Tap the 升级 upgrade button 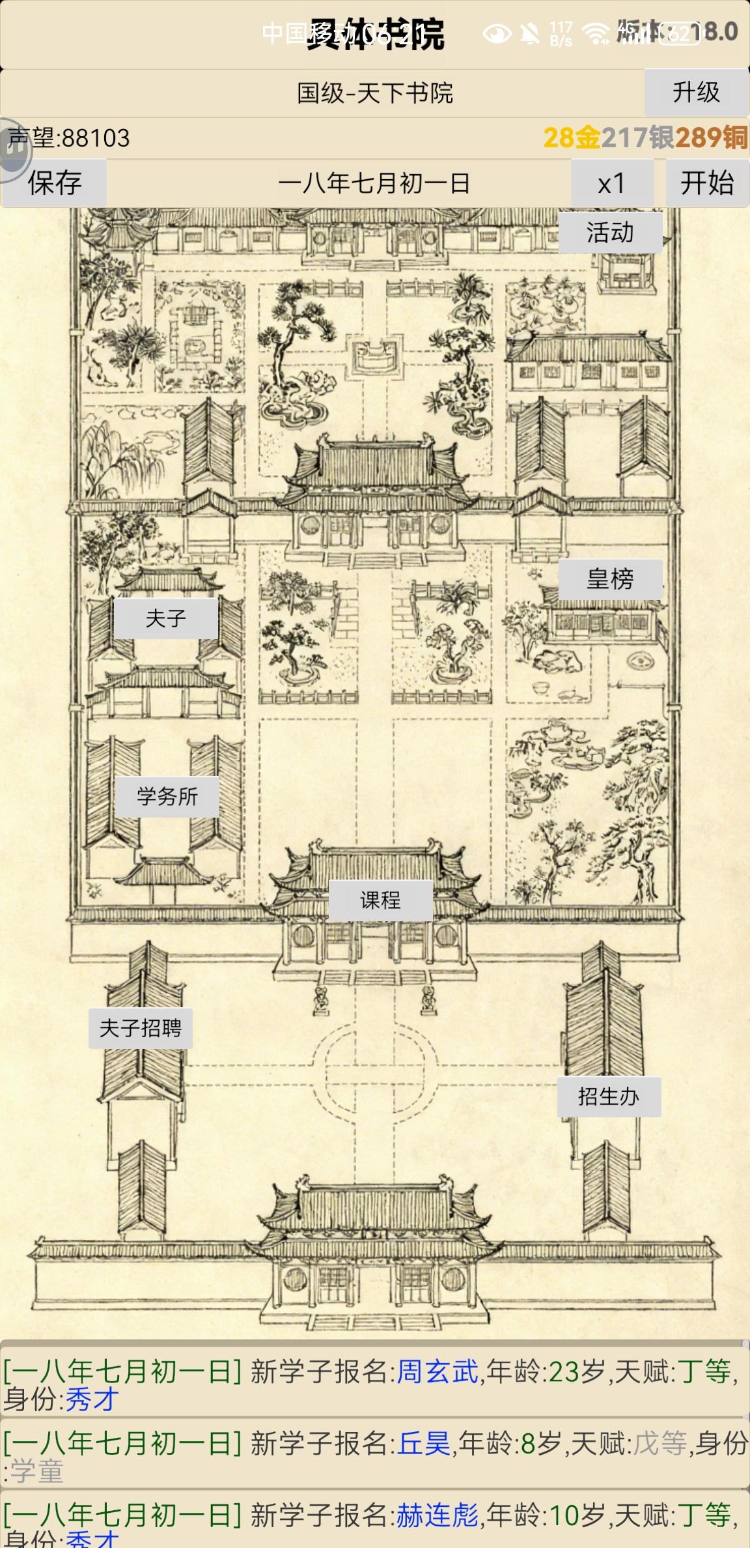[x=695, y=93]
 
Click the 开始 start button [x=706, y=183]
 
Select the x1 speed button [x=611, y=183]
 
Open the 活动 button [x=610, y=233]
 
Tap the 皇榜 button [x=610, y=579]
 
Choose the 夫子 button [x=166, y=618]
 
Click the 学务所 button [x=167, y=796]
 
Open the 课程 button [x=380, y=900]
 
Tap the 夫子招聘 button [x=141, y=1028]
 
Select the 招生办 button [x=609, y=1096]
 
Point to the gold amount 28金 [x=572, y=137]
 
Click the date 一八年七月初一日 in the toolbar [x=374, y=184]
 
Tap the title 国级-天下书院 [x=375, y=93]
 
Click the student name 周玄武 [x=437, y=1371]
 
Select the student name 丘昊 [x=424, y=1443]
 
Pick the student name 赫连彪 [x=437, y=1515]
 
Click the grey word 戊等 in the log [x=660, y=1443]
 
